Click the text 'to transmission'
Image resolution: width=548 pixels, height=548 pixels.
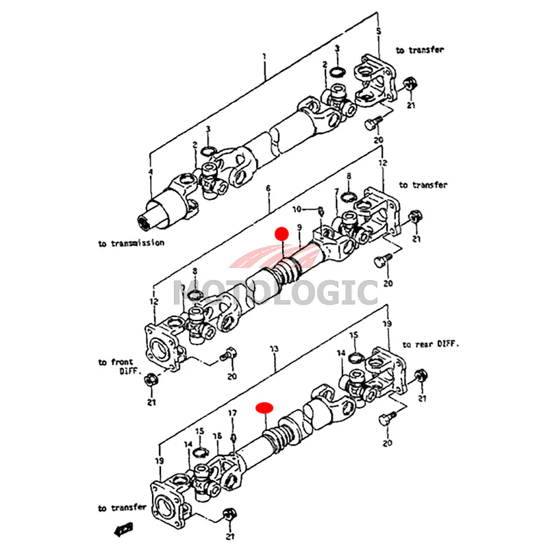pyautogui.click(x=130, y=243)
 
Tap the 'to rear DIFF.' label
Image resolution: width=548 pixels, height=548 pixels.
pyautogui.click(x=431, y=345)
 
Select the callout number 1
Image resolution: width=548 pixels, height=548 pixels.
pyautogui.click(x=264, y=66)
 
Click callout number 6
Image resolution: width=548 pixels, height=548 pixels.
pyautogui.click(x=269, y=188)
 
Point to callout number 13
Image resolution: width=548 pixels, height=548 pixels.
pyautogui.click(x=274, y=349)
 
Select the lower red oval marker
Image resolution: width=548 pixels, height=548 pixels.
pyautogui.click(x=264, y=408)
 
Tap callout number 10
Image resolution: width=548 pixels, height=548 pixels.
pyautogui.click(x=297, y=209)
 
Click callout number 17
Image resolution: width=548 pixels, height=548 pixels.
pyautogui.click(x=232, y=413)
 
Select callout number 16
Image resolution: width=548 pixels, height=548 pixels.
pyautogui.click(x=216, y=436)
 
